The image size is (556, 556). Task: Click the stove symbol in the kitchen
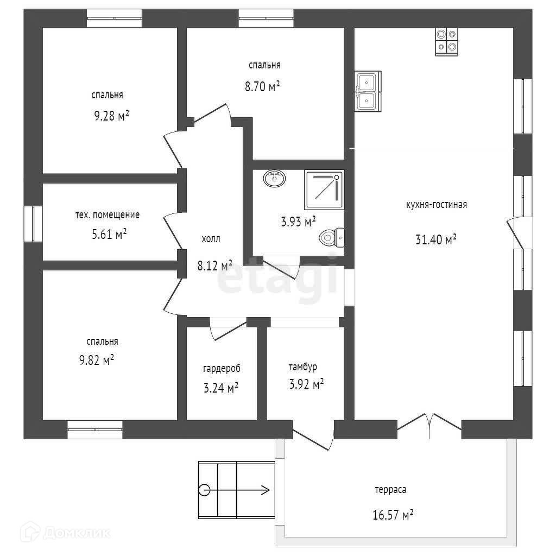(x=446, y=42)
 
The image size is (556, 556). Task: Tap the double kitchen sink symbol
(x=368, y=91)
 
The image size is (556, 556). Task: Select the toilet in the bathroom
(x=332, y=237)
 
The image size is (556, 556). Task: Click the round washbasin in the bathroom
(x=274, y=178)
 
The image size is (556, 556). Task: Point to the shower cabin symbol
(x=324, y=190)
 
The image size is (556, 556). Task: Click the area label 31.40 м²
(x=435, y=239)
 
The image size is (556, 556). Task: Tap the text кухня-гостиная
(x=436, y=205)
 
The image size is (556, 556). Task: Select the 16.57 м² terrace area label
(x=393, y=515)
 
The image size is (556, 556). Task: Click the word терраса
(x=390, y=489)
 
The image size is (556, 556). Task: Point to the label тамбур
(x=302, y=367)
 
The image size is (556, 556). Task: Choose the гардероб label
(x=222, y=368)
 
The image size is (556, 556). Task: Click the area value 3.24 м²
(x=220, y=388)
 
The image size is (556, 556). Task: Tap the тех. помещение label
(x=107, y=214)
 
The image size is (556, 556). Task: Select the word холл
(x=211, y=238)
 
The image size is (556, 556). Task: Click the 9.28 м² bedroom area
(x=111, y=116)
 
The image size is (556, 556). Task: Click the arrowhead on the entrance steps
(x=266, y=490)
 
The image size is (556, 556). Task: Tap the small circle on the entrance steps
(x=204, y=490)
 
